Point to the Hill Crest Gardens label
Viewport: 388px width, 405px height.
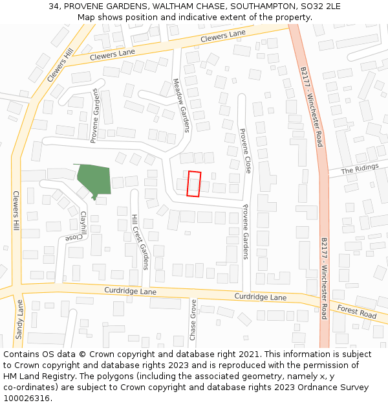coord(140,242)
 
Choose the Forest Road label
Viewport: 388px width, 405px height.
coord(356,312)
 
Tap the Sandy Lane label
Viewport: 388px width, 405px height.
coord(19,315)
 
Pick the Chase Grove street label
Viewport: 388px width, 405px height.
coord(193,319)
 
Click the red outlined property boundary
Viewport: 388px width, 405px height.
coord(194,183)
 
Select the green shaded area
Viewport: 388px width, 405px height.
coord(94,179)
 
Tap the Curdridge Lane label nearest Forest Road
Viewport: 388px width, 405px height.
coord(260,297)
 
